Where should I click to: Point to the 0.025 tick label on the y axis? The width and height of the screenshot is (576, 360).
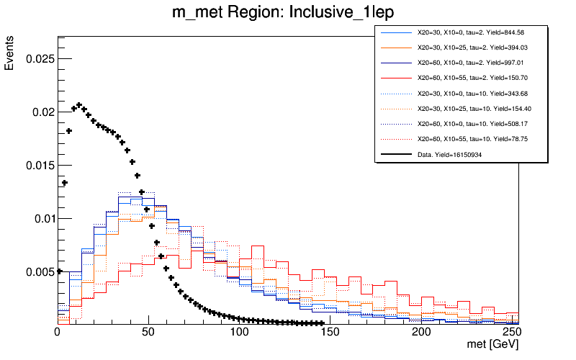coord(40,58)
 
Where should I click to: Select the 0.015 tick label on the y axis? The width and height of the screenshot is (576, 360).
coord(40,165)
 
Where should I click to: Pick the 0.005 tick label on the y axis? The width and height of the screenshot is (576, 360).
coord(40,271)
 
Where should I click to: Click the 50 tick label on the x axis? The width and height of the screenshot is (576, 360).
coord(148,333)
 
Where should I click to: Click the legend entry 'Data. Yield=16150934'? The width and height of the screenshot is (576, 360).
coord(455,153)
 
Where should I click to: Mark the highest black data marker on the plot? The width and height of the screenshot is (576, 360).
coord(79,105)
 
